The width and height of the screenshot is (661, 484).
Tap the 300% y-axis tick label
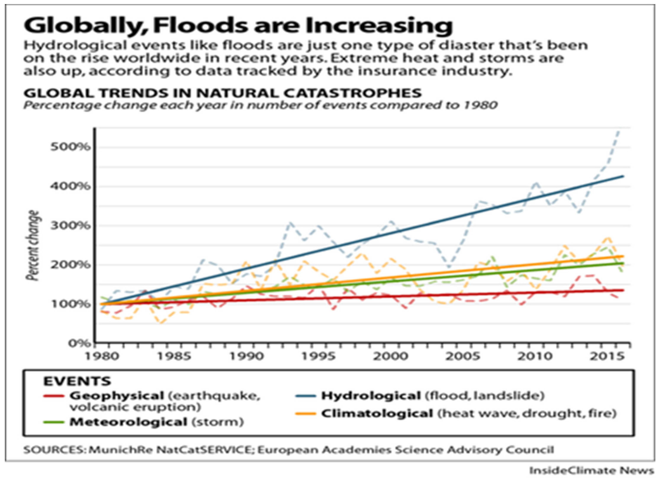click(x=70, y=226)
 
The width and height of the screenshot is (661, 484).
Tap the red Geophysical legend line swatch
click(x=54, y=396)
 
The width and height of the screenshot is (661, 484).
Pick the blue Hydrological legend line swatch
click(x=306, y=396)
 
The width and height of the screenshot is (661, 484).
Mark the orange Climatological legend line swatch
click(x=306, y=414)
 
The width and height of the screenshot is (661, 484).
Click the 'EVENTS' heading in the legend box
click(x=77, y=381)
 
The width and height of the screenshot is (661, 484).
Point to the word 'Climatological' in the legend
click(x=377, y=414)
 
